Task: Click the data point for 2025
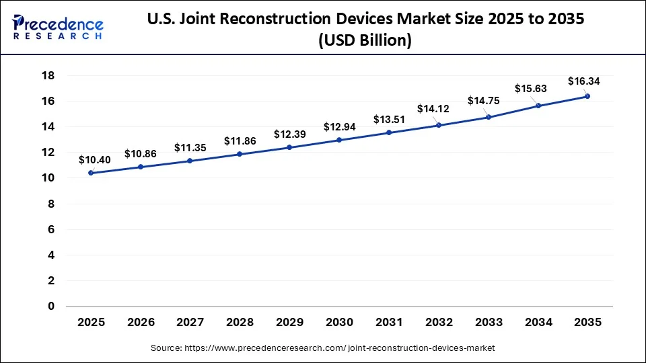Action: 91,173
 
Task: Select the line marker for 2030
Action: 339,140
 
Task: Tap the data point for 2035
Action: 587,96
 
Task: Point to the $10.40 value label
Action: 91,160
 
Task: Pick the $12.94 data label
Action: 339,127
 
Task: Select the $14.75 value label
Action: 484,101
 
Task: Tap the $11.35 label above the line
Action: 190,148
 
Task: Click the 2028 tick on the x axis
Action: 240,323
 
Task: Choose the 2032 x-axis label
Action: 439,323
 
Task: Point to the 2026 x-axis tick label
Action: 141,323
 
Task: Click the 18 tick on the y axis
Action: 48,75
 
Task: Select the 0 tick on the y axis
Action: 50,307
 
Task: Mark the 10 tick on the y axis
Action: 48,178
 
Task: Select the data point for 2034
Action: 538,106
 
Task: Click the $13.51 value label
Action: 389,120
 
